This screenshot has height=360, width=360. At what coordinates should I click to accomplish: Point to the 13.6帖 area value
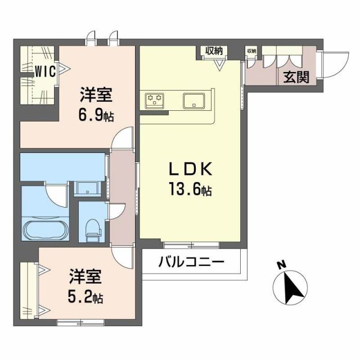click(x=187, y=191)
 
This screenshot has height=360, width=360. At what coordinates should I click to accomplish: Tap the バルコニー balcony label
click(x=191, y=262)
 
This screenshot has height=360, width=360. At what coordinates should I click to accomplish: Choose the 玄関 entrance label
click(x=295, y=78)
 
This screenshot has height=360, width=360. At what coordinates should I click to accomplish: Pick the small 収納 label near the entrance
click(x=251, y=51)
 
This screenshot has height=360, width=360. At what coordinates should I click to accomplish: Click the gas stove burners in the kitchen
click(x=155, y=100)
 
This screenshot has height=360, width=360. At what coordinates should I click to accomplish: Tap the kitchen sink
click(x=195, y=100)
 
